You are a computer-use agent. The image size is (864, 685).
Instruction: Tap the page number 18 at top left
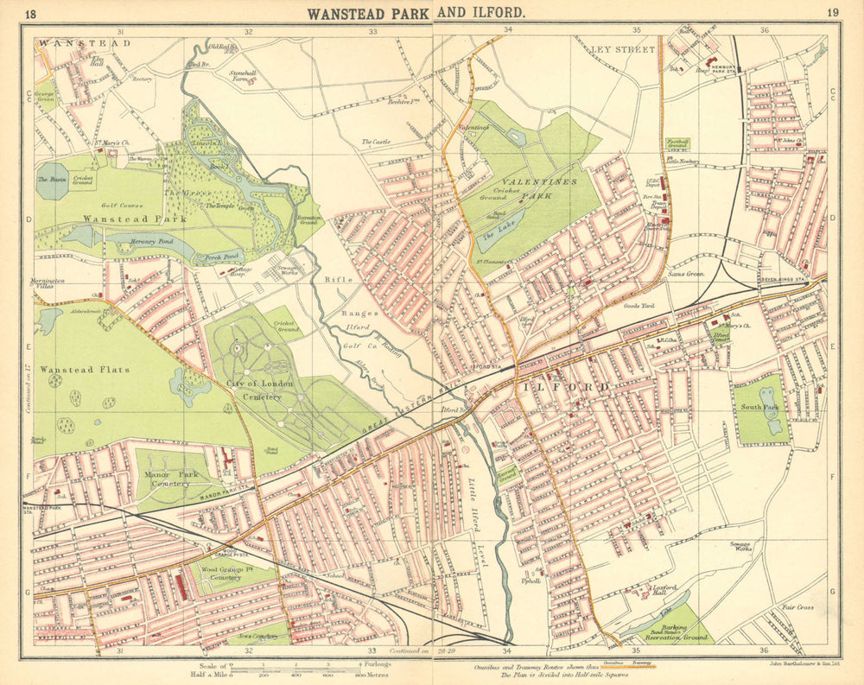31,12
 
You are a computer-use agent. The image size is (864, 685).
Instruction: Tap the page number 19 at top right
832,11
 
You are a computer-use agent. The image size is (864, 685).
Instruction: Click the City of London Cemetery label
254,390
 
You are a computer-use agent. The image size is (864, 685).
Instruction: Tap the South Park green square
760,409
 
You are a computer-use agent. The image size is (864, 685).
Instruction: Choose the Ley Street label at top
624,49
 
